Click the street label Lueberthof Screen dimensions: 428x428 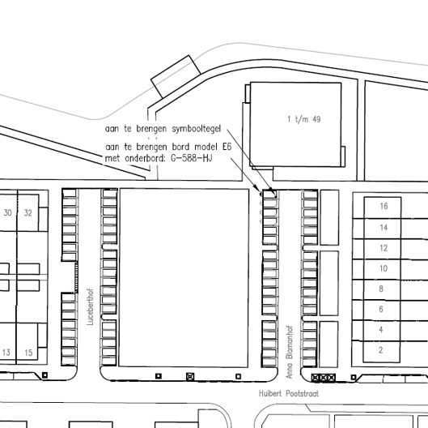coord(90,306)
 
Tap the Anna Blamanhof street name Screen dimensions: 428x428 coord(289,352)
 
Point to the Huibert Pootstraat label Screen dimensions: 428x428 coord(289,393)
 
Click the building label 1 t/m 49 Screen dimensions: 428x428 coord(304,119)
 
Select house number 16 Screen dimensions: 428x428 coord(384,206)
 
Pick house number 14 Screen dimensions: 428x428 coord(384,228)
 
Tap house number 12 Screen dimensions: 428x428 coord(384,248)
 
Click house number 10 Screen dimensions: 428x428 coord(384,268)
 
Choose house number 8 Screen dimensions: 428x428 coord(381,289)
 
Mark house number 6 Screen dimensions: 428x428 coord(381,309)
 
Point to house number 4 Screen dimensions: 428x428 coord(381,330)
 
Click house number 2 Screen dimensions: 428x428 coord(381,350)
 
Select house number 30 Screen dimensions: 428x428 coord(7,212)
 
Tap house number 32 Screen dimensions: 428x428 coord(28,212)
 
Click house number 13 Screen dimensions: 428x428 coord(6,353)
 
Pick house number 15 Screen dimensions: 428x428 coord(28,353)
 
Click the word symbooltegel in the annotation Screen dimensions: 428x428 coord(197,129)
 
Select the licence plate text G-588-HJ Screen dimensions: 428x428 coord(191,158)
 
